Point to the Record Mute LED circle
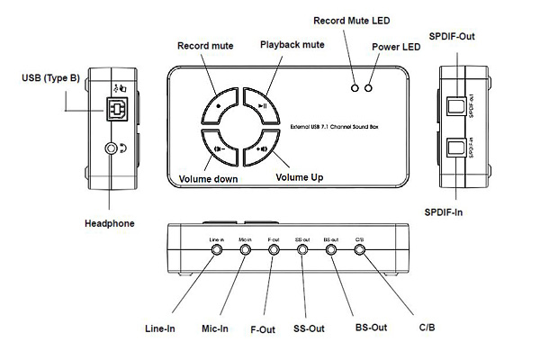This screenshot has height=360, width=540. [355, 88]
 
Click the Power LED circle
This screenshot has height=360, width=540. [369, 88]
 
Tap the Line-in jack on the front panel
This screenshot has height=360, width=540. [216, 250]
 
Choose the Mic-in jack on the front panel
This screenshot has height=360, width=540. [245, 250]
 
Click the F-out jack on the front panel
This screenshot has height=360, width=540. [274, 250]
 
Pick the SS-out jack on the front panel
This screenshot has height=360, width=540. [302, 250]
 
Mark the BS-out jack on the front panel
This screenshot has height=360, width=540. [331, 250]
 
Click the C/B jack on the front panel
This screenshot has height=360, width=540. [360, 250]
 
